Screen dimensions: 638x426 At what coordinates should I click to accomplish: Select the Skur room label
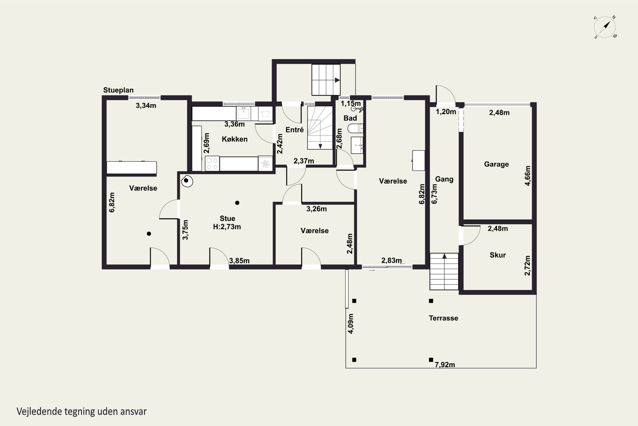click(498, 255)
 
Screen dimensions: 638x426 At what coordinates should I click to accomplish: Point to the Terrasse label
click(443, 318)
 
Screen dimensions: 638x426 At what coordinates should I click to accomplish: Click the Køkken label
click(235, 139)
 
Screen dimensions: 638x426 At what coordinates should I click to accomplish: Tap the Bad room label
click(350, 118)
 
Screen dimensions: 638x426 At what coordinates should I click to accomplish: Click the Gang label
click(444, 179)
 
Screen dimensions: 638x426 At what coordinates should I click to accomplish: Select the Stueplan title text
click(118, 90)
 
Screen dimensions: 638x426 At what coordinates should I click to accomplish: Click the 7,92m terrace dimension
click(445, 365)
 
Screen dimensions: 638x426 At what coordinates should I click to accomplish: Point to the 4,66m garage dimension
click(527, 176)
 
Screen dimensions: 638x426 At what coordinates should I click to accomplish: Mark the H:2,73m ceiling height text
click(227, 227)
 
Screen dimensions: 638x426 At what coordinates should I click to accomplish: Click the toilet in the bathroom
click(355, 128)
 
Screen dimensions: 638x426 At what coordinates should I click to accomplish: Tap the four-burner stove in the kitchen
click(212, 163)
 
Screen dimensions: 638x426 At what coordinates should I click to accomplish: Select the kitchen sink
click(244, 113)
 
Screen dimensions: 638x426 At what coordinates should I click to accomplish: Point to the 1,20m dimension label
click(446, 112)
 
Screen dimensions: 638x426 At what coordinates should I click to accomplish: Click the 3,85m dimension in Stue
click(239, 261)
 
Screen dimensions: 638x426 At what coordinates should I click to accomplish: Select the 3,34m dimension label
click(146, 106)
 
